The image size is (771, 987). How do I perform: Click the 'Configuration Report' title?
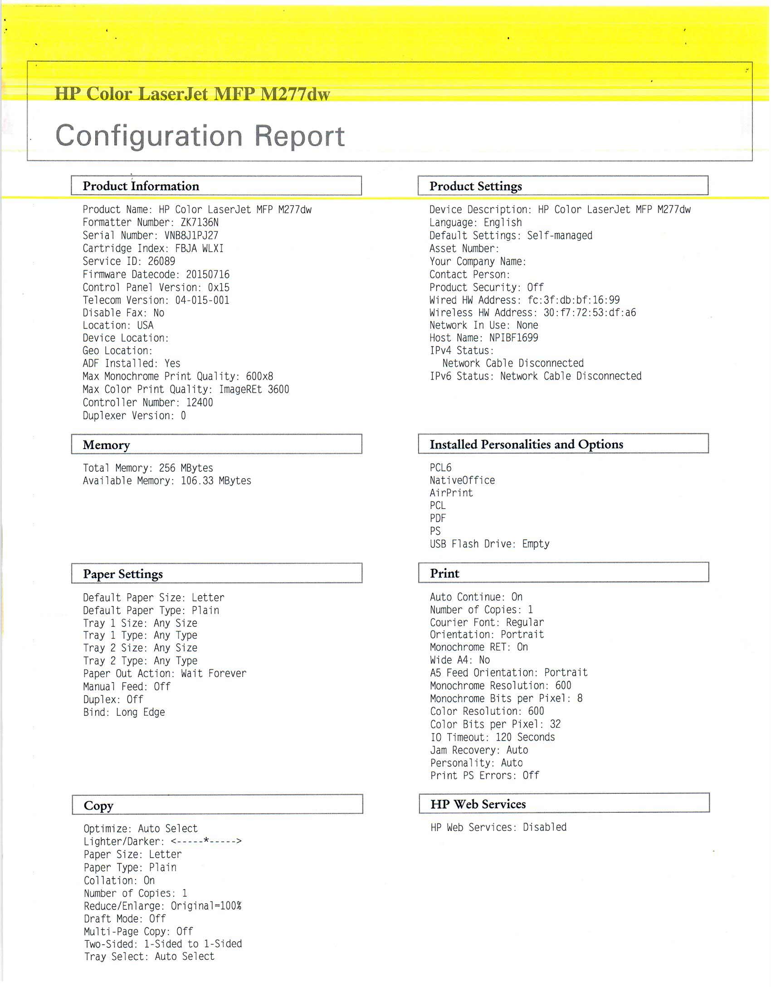pos(200,136)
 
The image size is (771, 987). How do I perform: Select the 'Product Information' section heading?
pos(141,186)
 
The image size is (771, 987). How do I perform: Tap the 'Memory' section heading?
pos(107,445)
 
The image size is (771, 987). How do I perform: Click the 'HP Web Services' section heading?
pos(478,804)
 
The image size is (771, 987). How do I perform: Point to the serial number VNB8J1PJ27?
pos(191,235)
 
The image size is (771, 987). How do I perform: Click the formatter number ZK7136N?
pos(200,222)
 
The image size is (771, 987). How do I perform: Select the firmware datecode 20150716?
pos(208,274)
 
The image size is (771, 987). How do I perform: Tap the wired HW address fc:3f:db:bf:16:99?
pos(573,300)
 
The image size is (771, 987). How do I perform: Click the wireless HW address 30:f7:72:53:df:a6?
pos(590,313)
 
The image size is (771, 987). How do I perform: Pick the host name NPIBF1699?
pos(513,338)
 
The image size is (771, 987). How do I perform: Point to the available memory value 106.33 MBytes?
pos(216,481)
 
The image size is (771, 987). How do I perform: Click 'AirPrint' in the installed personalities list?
pos(451,493)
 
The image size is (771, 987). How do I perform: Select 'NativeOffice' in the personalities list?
pos(462,480)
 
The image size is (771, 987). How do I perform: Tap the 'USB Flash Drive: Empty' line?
pos(489,544)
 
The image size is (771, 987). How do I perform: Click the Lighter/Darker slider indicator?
pos(206,841)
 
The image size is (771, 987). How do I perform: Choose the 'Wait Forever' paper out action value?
pos(214,674)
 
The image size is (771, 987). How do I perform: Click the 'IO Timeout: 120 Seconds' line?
pos(493,737)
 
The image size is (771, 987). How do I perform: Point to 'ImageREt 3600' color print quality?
pos(254,390)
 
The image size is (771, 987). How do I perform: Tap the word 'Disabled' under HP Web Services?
pos(545,827)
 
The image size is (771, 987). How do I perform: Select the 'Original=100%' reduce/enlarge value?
pos(206,906)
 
